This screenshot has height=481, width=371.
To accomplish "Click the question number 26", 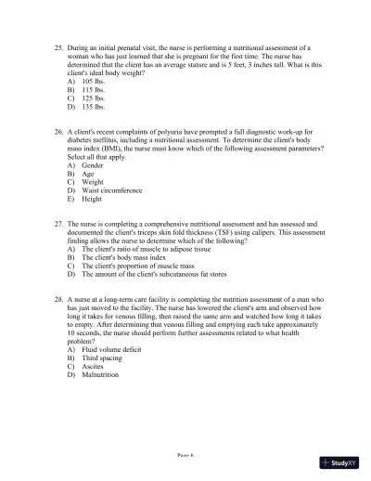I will [x=59, y=134].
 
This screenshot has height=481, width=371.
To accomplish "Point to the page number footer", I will [x=185, y=456].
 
